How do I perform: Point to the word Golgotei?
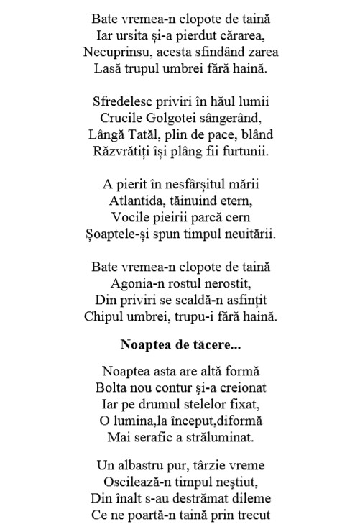pos(172,116)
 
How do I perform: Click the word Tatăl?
pos(160,134)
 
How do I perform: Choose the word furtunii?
pos(223,152)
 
